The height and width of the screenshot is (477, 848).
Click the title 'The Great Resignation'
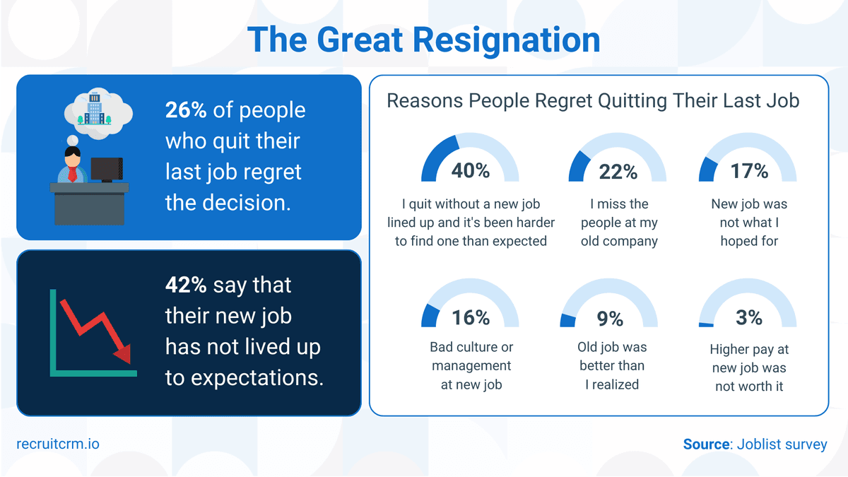tap(424, 40)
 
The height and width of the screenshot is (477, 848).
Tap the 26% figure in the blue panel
tap(186, 111)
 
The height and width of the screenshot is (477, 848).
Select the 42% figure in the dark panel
tap(186, 285)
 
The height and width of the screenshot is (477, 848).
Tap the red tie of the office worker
tap(71, 174)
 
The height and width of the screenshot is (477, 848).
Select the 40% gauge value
tap(471, 171)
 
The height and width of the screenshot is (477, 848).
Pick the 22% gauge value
tap(618, 171)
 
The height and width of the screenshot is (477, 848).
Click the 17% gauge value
tap(750, 171)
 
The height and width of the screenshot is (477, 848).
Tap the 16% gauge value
tap(471, 318)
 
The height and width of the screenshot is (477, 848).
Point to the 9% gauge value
tap(610, 319)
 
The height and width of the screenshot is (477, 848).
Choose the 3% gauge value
tap(749, 318)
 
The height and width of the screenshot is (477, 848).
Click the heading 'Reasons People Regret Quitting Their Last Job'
tap(593, 100)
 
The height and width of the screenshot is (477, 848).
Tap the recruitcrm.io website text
tap(58, 444)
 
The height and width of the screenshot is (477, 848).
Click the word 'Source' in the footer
tap(706, 444)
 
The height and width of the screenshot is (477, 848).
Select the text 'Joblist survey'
tap(782, 444)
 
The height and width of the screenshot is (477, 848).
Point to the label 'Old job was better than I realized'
tap(613, 366)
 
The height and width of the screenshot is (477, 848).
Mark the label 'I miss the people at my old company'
tap(619, 223)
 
